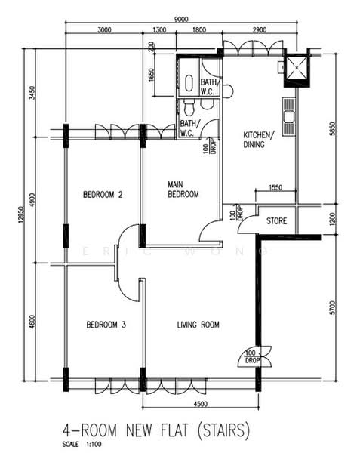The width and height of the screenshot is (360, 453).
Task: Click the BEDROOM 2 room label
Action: pos(103,195)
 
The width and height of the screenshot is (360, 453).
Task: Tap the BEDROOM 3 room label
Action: pos(106,325)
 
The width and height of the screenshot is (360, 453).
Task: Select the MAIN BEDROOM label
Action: pos(183,190)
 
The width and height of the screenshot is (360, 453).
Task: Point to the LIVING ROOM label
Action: pos(198,325)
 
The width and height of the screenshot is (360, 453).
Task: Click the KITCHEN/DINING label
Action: pos(259,140)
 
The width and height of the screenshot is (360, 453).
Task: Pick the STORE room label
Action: pos(276,221)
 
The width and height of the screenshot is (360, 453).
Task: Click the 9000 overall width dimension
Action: pos(181,19)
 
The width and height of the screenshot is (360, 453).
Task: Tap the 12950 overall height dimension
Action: pos(20,214)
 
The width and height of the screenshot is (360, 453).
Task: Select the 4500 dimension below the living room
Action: pos(200,404)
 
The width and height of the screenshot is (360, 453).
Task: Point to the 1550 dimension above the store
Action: pos(275,187)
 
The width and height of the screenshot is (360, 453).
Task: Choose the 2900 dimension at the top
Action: pos(260,29)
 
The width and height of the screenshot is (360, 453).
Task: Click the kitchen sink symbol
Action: pos(289,116)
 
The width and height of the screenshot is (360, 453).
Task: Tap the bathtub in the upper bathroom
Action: pos(189,83)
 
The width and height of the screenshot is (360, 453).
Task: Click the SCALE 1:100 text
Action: pos(82,444)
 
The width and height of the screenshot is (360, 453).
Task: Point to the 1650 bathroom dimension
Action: pos(150,75)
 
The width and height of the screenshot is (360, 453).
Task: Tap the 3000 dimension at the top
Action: pos(104,29)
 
